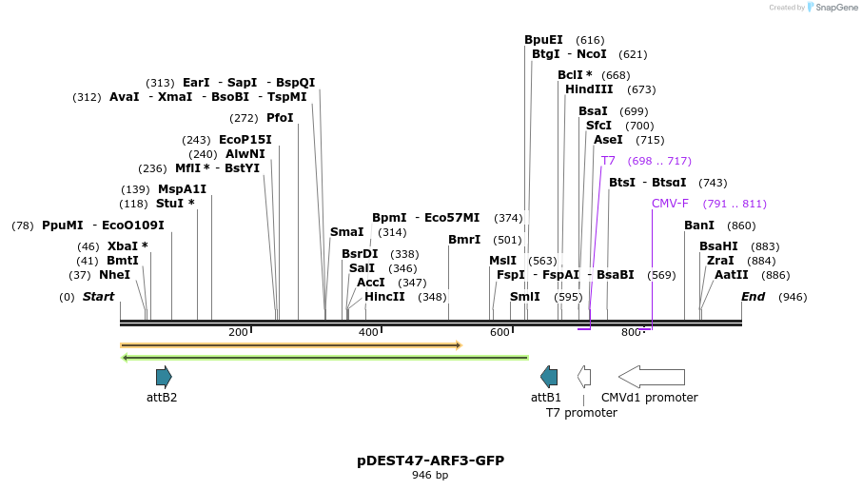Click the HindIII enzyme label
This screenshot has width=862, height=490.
pos(589,89)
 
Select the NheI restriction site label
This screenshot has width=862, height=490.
pos(114,275)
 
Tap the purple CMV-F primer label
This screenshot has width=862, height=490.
pos(670,204)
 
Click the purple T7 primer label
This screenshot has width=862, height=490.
pos(608,161)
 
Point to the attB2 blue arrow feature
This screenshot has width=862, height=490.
pos(164,377)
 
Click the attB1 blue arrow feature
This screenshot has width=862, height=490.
pos(549,377)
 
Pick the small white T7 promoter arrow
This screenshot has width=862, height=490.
pos(584,377)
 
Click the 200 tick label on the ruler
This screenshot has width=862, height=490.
pos(238,332)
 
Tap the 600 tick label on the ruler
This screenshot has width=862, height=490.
pos(500,332)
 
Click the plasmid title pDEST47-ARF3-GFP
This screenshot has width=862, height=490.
pos(430,461)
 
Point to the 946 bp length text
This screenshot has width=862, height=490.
pos(430,475)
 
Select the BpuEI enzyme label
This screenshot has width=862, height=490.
pos(543,40)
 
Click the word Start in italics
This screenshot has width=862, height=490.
pos(98,297)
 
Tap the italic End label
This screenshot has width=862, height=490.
pos(753,297)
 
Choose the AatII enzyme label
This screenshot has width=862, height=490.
pos(732,275)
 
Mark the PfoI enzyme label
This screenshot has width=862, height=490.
pos(280,118)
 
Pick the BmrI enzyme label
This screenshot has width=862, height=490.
pos(464,240)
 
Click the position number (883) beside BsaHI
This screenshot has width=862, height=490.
pos(765,246)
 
